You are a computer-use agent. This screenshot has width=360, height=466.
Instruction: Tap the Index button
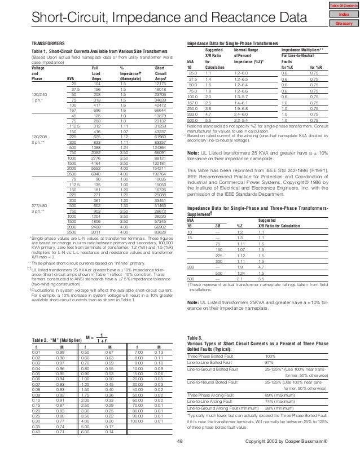pyautogui.click(x=344, y=14)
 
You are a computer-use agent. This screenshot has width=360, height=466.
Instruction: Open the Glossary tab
pyautogui.click(x=344, y=24)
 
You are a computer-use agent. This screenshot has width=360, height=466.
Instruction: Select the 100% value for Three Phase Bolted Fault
pyautogui.click(x=271, y=357)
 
